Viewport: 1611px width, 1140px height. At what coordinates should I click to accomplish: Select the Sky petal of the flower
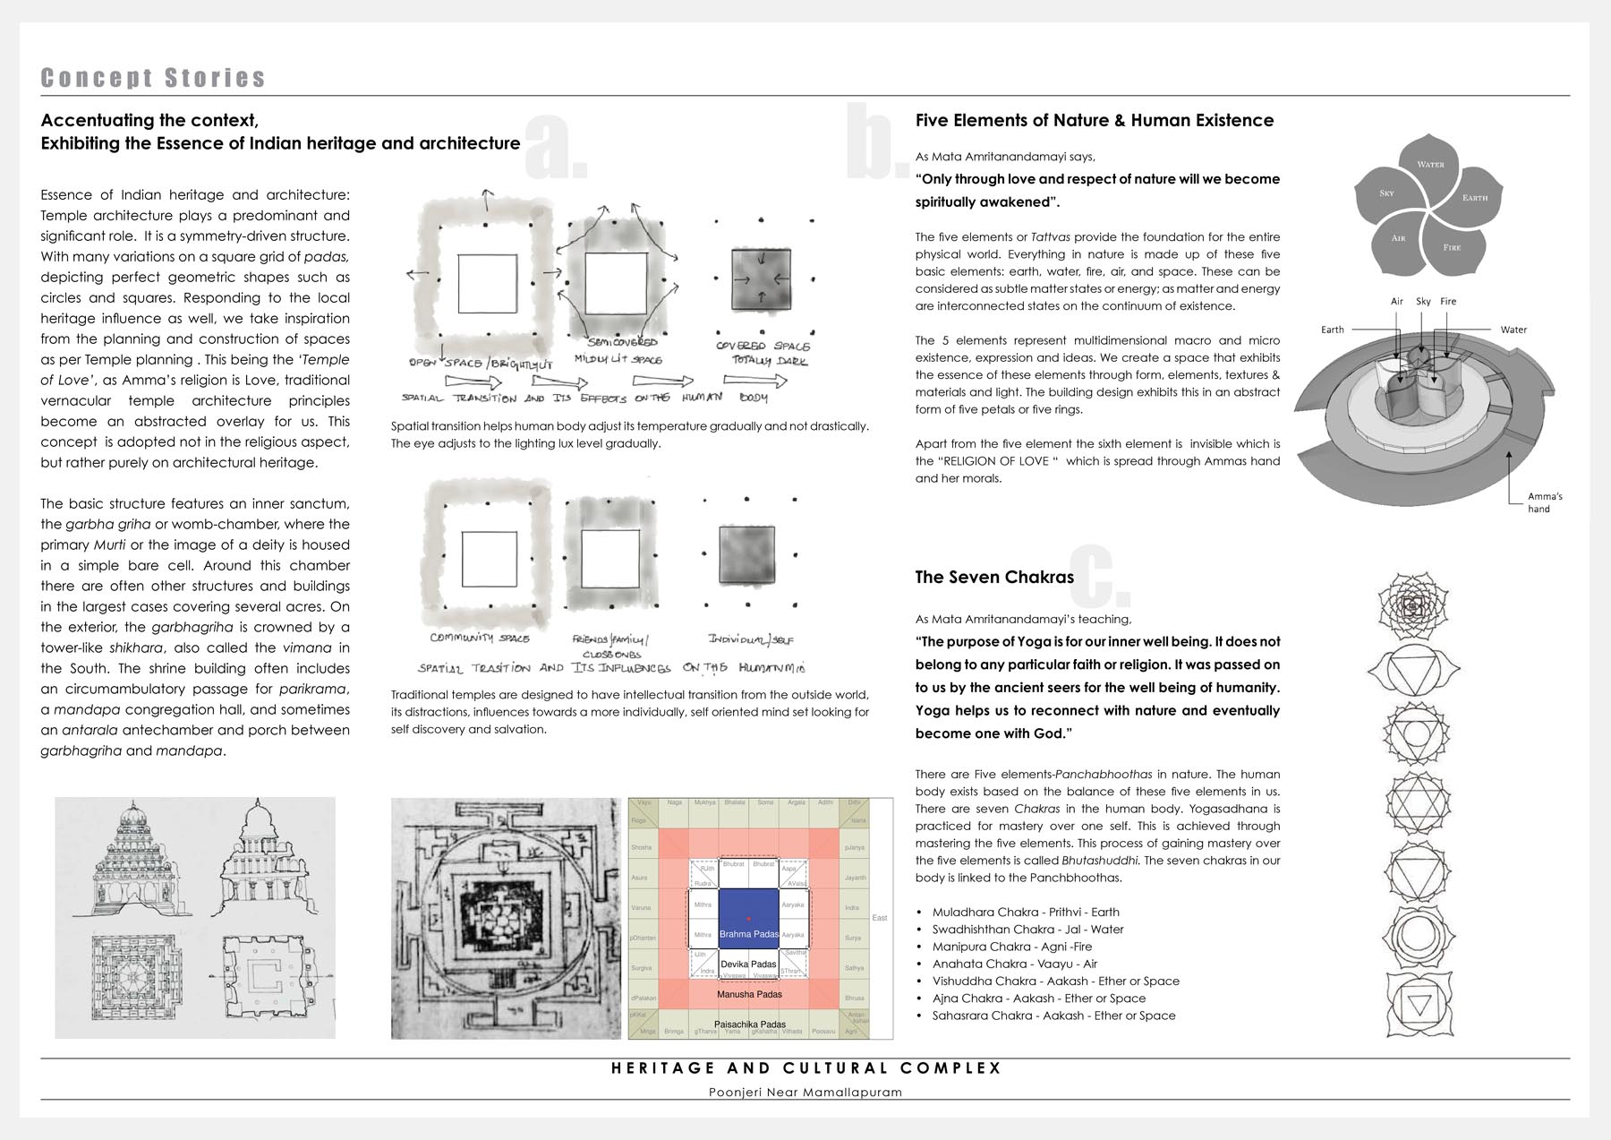[1386, 193]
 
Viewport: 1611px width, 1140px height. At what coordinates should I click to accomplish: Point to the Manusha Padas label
[749, 994]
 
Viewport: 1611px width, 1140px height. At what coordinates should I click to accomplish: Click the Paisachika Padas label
[749, 1024]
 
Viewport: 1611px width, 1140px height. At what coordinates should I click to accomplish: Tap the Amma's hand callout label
[1545, 502]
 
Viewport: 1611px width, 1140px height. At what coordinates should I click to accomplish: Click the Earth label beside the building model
[1333, 330]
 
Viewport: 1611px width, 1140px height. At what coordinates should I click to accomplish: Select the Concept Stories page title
[153, 78]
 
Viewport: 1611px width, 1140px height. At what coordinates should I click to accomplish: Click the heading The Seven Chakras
[993, 578]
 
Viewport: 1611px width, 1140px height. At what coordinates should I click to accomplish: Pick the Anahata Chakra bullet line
[1014, 964]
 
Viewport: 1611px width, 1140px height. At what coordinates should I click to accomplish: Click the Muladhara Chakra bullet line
[1026, 912]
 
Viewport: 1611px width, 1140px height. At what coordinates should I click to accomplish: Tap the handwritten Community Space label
[479, 639]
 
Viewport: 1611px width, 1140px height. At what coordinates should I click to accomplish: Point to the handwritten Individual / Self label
[751, 639]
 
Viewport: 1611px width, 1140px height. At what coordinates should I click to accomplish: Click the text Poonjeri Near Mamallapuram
[805, 1092]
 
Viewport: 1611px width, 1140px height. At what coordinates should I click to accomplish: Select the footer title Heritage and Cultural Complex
[805, 1068]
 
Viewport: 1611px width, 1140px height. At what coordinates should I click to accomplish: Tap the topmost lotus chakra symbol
[1413, 606]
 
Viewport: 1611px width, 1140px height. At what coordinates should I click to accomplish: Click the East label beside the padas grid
[880, 918]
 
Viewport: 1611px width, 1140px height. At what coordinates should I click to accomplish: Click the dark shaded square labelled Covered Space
[761, 278]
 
